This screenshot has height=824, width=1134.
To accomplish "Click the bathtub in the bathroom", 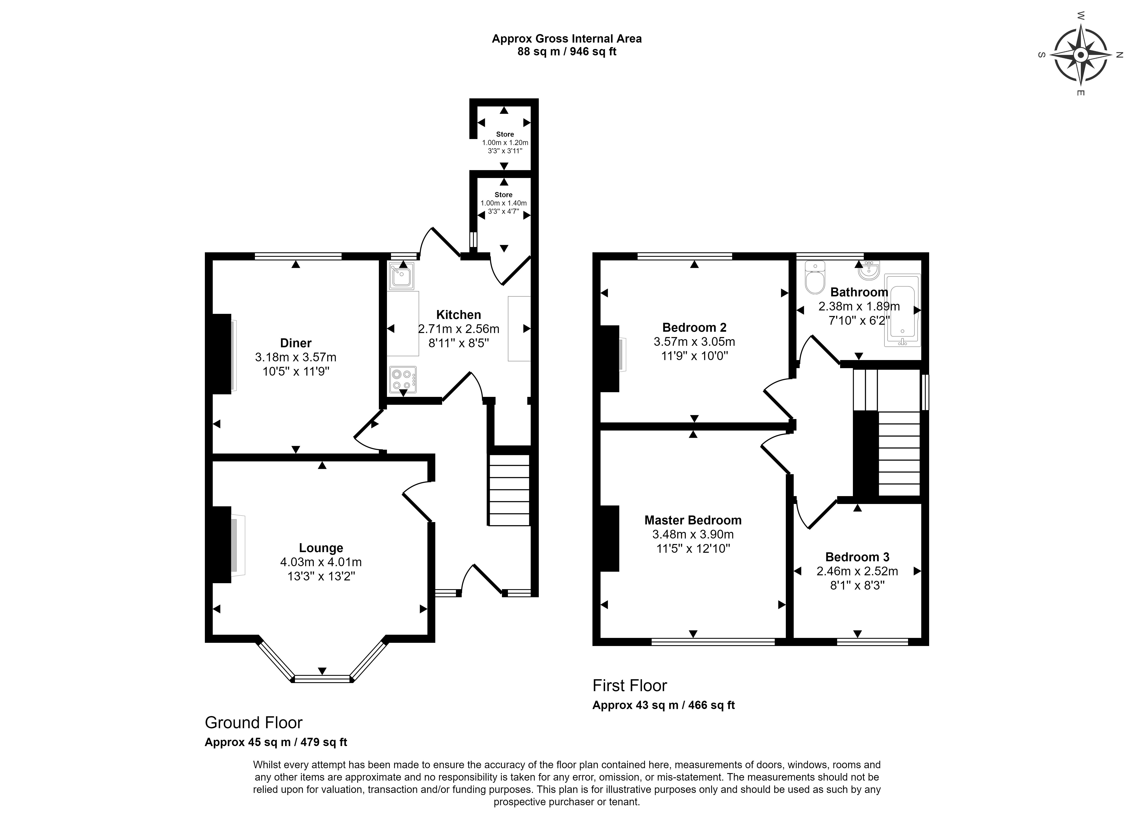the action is pyautogui.click(x=903, y=310).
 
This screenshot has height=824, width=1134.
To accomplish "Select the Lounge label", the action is pyautogui.click(x=321, y=548).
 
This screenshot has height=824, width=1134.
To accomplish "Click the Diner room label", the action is pyautogui.click(x=296, y=343).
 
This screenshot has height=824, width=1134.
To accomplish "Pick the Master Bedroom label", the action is pyautogui.click(x=693, y=520).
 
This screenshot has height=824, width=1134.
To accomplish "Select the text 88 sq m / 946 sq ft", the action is pyautogui.click(x=567, y=52).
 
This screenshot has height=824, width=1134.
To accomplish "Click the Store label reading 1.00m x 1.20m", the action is pyautogui.click(x=505, y=142).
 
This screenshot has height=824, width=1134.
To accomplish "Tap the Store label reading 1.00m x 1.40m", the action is pyautogui.click(x=503, y=203).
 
